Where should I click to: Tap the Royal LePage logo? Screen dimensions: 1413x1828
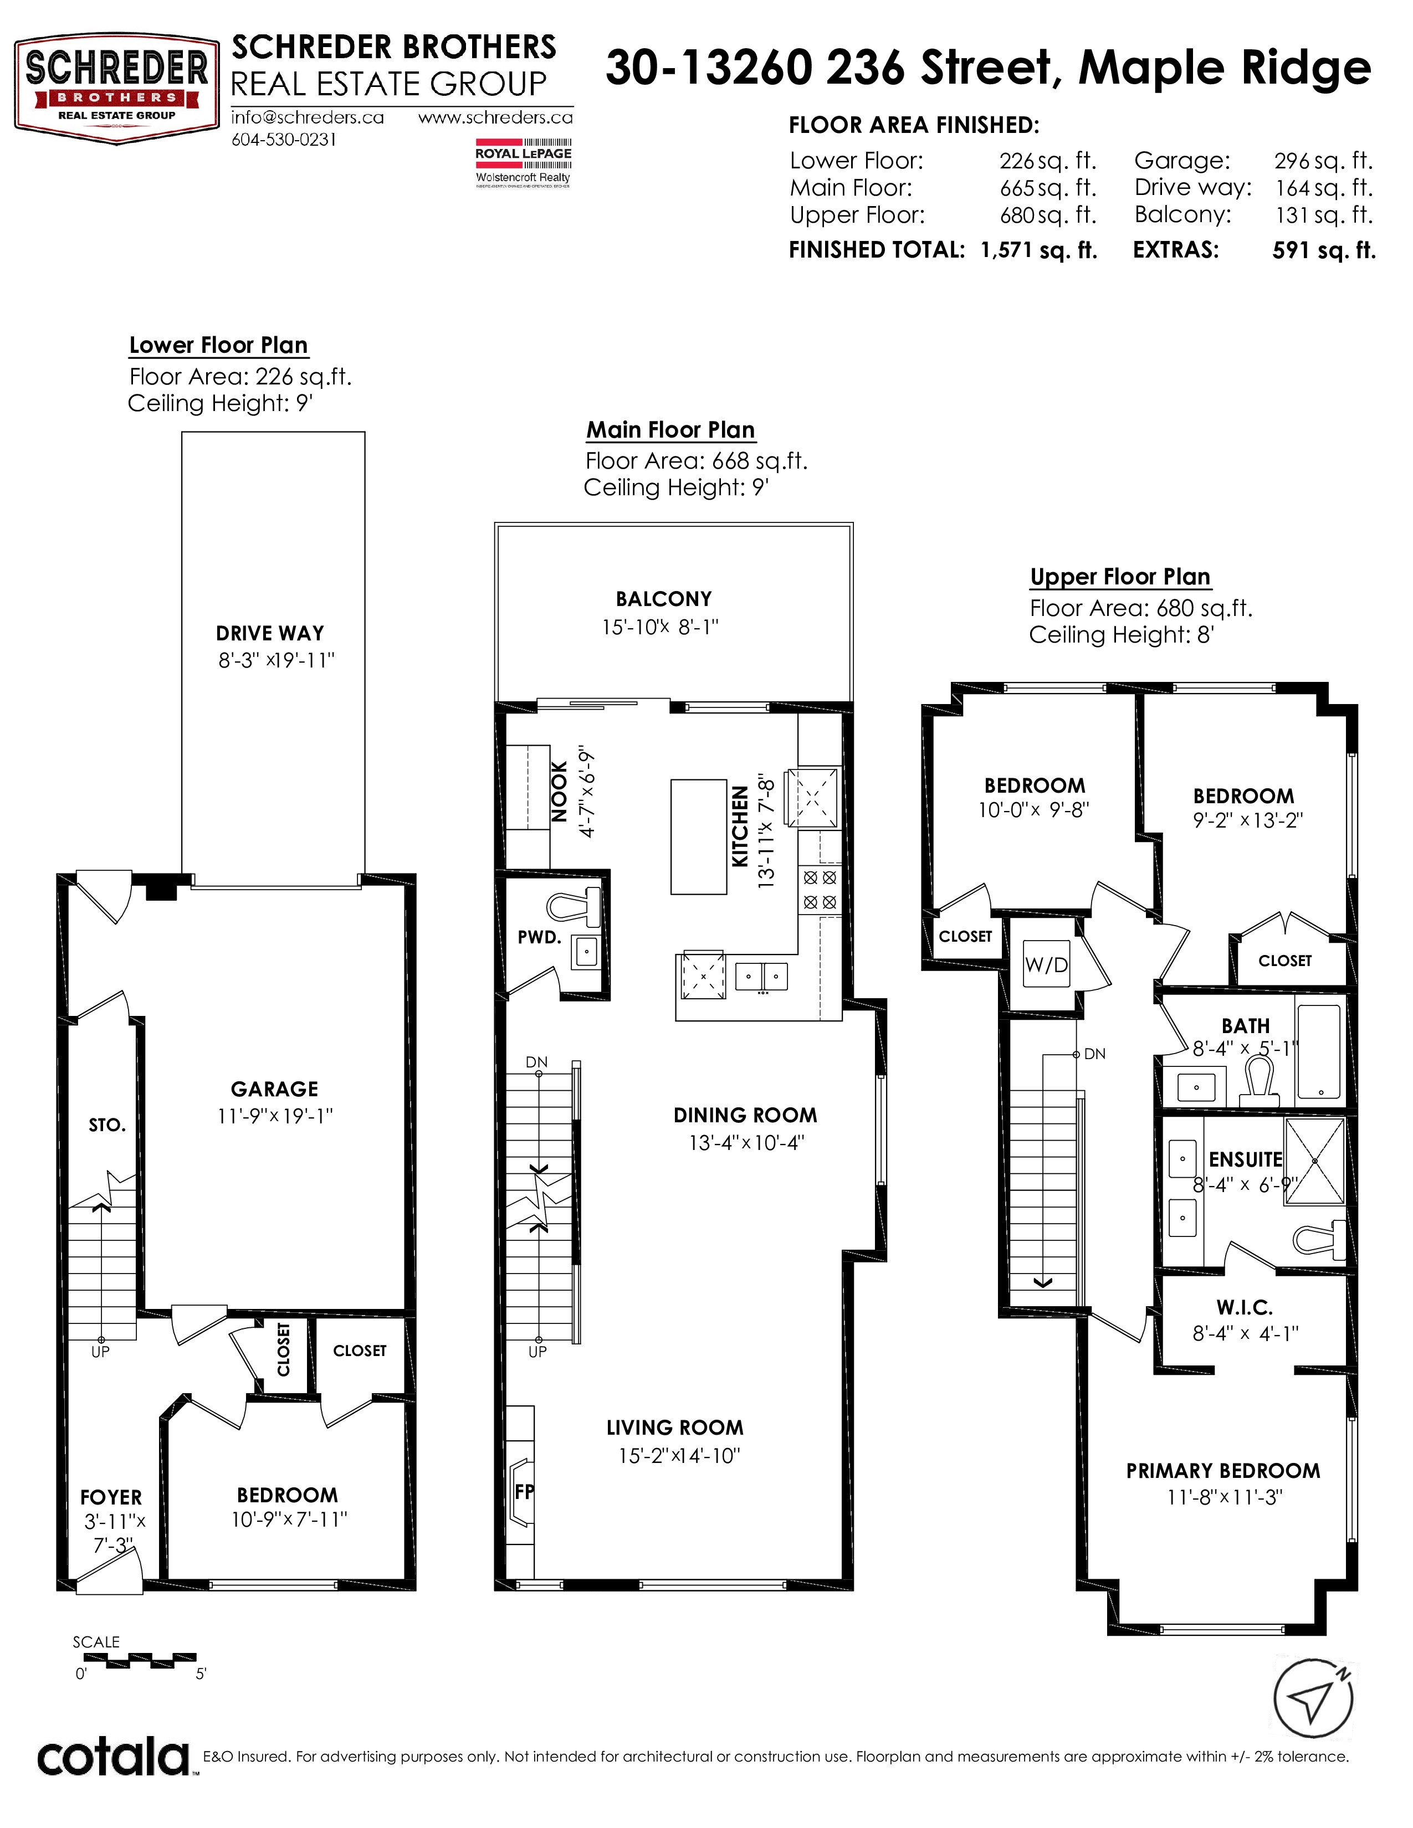(523, 162)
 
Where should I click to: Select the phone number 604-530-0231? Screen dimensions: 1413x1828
(284, 140)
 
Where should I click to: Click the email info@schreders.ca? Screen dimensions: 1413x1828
(307, 118)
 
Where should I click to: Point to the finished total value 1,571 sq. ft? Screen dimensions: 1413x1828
(1039, 250)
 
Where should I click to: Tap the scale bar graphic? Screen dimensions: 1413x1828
(135, 1661)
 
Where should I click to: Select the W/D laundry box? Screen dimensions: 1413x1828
(1046, 964)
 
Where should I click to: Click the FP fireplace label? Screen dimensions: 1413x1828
(524, 1492)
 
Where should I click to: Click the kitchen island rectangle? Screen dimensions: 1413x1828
(698, 837)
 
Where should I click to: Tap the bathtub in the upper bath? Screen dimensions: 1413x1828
(1318, 1052)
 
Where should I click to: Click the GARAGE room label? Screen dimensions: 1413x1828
(274, 1089)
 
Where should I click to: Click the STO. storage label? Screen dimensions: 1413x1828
(107, 1125)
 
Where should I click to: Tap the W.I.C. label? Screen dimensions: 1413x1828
(1245, 1307)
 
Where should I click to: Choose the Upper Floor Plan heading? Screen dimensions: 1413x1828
(1120, 577)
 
